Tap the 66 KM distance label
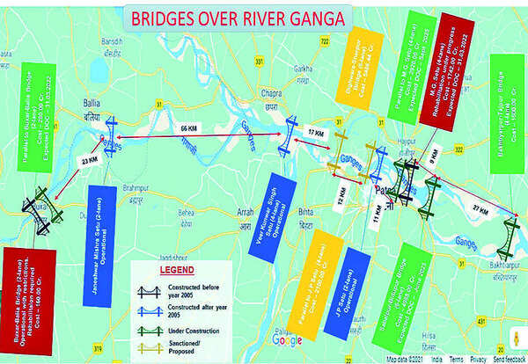187,128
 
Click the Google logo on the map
287,340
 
